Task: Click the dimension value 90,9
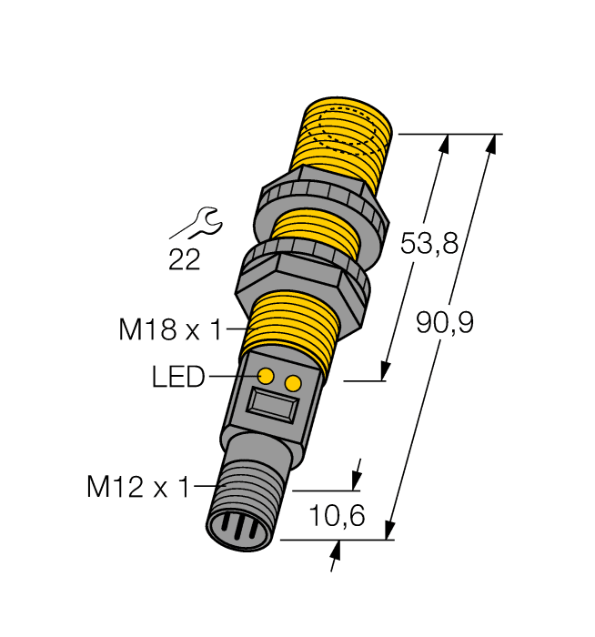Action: (x=445, y=322)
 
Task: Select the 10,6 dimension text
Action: (x=337, y=516)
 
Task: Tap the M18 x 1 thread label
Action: (x=170, y=329)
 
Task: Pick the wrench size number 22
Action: (x=184, y=260)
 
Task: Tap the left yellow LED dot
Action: (x=267, y=376)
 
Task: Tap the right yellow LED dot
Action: (x=292, y=384)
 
